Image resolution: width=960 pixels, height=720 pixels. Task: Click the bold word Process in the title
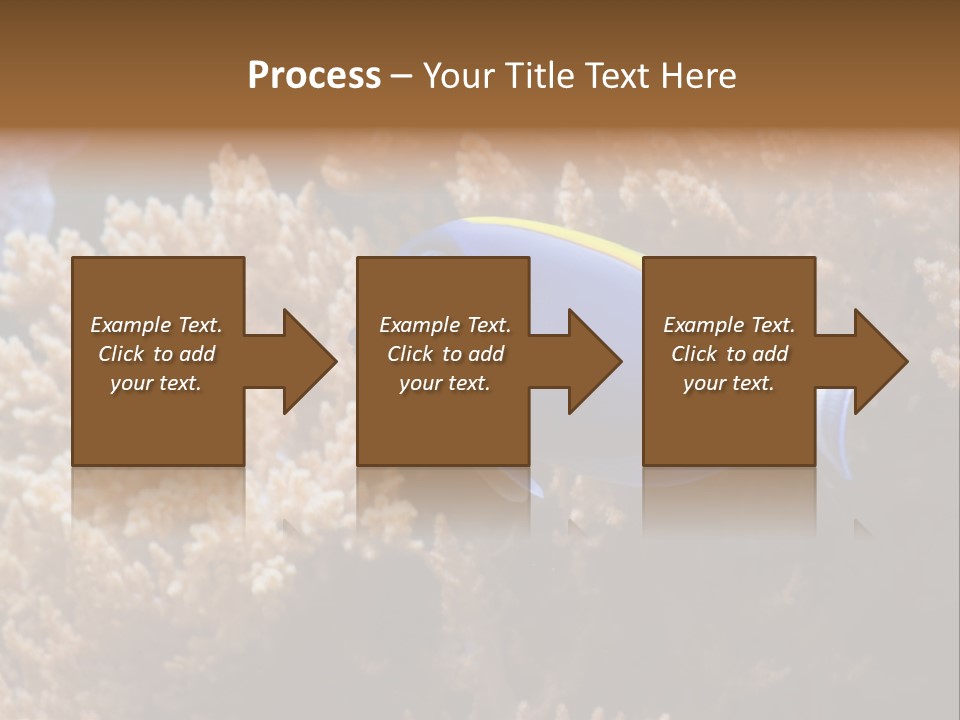[x=314, y=76]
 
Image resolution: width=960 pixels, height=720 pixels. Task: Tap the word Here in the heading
[x=697, y=76]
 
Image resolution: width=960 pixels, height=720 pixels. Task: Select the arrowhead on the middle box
[x=589, y=361]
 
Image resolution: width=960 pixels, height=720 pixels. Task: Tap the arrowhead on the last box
[x=874, y=361]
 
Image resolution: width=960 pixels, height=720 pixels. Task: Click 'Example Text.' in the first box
[x=156, y=325]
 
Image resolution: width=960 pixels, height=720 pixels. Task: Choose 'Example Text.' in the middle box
[x=445, y=325]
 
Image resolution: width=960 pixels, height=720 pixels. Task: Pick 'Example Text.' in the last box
[x=729, y=325]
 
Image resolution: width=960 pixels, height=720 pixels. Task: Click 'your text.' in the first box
[x=156, y=383]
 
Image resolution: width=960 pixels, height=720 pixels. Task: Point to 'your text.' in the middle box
[x=445, y=383]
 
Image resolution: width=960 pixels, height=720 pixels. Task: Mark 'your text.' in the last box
[x=729, y=383]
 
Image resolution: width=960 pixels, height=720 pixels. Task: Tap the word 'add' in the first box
[x=197, y=354]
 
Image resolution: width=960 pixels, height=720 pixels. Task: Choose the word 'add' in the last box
[x=770, y=354]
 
